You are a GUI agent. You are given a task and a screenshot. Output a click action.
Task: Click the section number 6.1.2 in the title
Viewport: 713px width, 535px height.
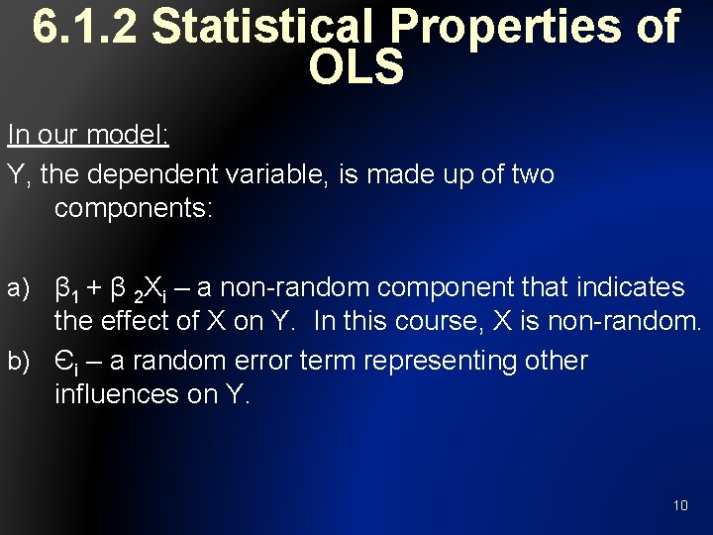point(86,28)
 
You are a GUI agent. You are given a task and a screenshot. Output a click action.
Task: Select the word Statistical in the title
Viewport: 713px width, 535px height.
point(275,28)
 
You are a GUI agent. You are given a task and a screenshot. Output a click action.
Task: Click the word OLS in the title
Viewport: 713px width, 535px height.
point(356,67)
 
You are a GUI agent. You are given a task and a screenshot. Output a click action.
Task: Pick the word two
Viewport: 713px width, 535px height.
point(532,175)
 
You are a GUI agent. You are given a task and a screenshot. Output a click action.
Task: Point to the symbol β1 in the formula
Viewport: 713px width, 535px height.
point(67,290)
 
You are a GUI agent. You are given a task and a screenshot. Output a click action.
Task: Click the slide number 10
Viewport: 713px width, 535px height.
point(680,505)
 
